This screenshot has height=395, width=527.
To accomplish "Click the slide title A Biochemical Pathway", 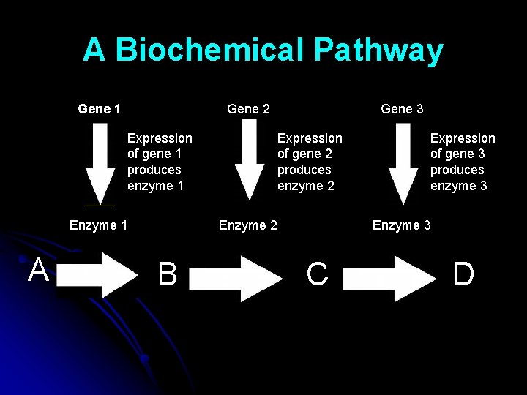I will [263, 50].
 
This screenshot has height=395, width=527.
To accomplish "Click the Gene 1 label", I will [99, 109].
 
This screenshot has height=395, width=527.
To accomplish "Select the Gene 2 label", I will [248, 109].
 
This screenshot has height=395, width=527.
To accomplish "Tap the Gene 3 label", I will [402, 109].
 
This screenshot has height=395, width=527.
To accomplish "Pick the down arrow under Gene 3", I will [403, 165].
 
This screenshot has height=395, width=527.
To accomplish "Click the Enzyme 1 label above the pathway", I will [98, 225].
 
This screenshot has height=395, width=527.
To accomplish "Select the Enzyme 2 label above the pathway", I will [248, 225].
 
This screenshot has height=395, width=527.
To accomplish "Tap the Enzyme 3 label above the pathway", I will [401, 225].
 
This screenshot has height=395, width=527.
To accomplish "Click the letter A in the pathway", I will [38, 271].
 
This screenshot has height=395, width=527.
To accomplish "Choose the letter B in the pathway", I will [168, 275].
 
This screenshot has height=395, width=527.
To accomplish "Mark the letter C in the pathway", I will [317, 275].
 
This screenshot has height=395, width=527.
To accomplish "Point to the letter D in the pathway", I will [463, 275].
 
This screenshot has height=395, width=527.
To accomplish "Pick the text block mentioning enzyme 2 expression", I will [309, 162].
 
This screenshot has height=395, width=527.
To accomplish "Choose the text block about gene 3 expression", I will [462, 162].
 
